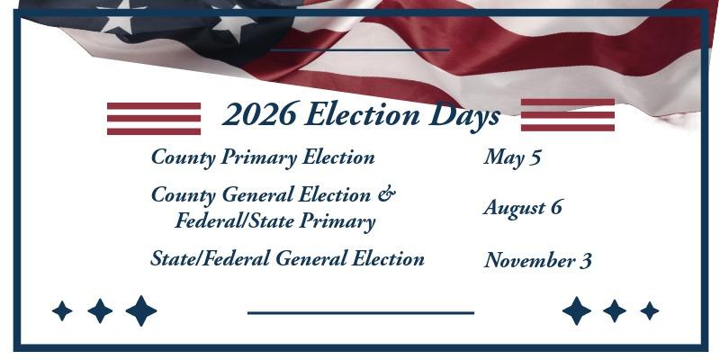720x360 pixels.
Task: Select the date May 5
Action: (512, 157)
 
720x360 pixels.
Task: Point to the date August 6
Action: (523, 207)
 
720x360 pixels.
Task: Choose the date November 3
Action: (537, 261)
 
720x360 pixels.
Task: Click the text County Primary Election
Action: (263, 157)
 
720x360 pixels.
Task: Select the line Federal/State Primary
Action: (274, 220)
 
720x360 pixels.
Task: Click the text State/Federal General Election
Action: (287, 259)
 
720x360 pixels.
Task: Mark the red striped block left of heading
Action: (154, 118)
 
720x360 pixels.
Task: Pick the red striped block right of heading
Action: (568, 115)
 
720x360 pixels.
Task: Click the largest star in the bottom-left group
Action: (140, 311)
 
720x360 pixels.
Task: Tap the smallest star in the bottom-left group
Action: (62, 311)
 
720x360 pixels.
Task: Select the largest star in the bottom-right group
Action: (577, 311)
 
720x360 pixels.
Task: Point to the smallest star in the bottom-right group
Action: (649, 311)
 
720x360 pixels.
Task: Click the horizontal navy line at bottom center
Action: (360, 313)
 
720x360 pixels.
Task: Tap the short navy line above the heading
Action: (359, 49)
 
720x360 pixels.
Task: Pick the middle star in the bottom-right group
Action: (615, 311)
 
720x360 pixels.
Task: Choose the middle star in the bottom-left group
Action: (100, 311)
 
